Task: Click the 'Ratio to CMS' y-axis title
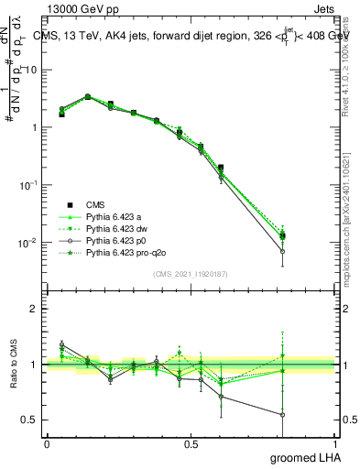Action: tap(15, 365)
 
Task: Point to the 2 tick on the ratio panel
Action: tap(34, 309)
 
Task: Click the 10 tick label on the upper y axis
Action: tap(28, 70)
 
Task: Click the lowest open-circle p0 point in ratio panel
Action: tap(283, 414)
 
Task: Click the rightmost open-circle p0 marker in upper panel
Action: tap(283, 250)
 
